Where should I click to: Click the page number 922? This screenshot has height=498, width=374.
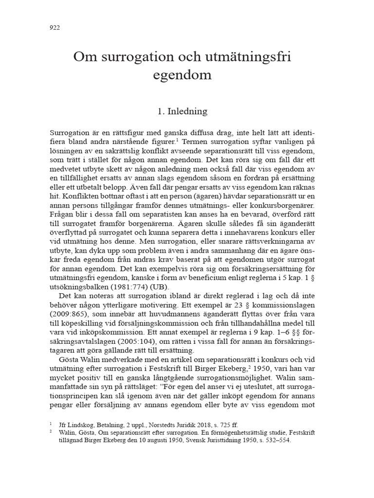coord(55,28)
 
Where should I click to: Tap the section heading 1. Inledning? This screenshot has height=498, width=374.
coord(182,111)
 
